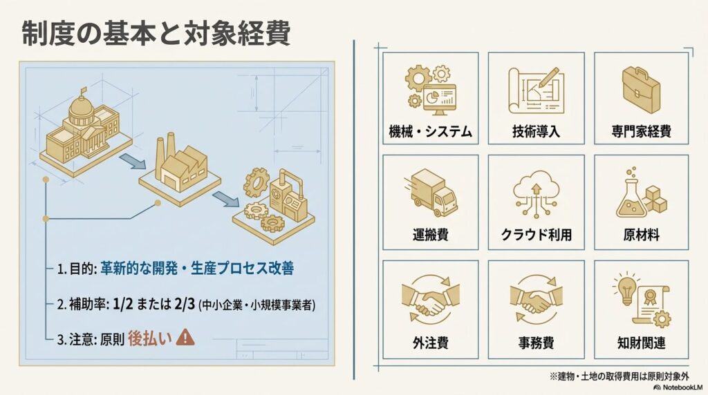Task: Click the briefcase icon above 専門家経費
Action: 641,90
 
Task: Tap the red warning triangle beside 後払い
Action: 185,337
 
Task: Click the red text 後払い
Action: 150,338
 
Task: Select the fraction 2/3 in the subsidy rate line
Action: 184,304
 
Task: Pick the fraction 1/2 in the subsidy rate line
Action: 123,304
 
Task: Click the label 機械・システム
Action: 430,131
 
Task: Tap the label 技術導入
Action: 536,131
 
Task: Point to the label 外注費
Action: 430,343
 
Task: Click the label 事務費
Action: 536,343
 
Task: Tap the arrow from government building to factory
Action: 133,161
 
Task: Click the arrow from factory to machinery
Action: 226,198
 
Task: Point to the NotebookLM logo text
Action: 682,387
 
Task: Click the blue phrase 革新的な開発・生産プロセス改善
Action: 197,269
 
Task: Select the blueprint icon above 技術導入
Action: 536,90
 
